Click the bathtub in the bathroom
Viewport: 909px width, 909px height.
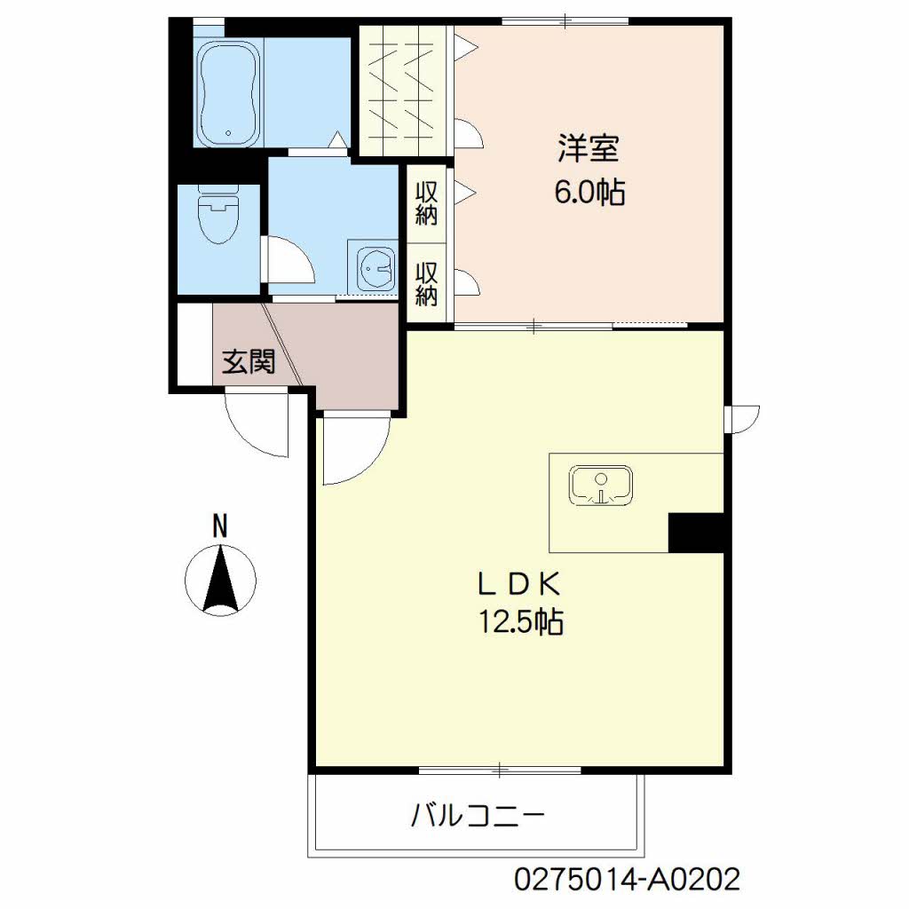228,92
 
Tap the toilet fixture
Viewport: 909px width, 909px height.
218,214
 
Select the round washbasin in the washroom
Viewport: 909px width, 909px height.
376,268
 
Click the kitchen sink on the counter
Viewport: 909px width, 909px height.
601,484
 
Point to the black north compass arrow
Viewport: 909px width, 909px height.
220,579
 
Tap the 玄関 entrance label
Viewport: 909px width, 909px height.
249,362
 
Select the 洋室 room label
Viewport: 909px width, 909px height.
589,148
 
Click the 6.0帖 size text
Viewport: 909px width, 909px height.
589,192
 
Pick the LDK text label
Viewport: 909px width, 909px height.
519,584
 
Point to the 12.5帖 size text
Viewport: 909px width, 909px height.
520,622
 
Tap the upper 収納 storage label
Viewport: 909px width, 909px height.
426,203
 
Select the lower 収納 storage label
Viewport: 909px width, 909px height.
426,284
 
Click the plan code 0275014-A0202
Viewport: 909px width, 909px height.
628,880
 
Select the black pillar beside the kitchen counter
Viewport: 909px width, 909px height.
696,533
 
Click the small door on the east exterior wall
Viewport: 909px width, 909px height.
742,419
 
